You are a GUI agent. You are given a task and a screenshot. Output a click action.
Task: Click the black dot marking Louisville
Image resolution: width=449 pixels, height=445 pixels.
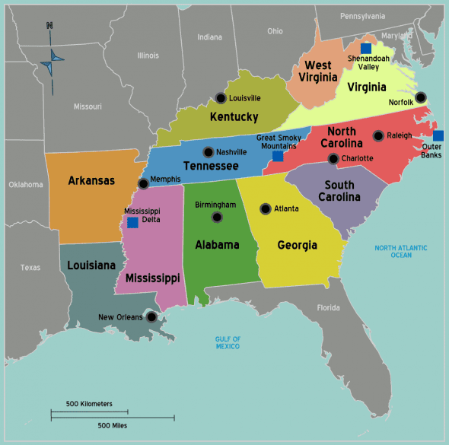(x=220, y=98)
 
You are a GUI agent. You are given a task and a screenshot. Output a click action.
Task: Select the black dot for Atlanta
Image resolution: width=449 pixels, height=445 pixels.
(x=265, y=208)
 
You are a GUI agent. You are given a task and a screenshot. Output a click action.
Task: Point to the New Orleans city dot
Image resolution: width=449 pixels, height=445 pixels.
(x=152, y=317)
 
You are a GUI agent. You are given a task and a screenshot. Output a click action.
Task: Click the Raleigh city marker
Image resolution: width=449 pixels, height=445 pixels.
(x=378, y=136)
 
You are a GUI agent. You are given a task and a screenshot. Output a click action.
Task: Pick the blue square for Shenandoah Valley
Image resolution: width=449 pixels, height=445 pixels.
(x=366, y=48)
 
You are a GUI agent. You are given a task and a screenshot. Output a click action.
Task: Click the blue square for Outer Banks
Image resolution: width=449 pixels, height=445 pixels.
(x=438, y=136)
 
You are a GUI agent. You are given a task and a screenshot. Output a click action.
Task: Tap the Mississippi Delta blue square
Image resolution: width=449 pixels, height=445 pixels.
(x=132, y=223)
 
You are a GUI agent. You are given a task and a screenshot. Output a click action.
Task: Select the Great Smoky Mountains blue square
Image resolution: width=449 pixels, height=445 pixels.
(x=278, y=156)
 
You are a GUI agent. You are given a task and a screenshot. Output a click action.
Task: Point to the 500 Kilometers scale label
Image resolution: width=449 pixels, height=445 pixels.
(x=89, y=403)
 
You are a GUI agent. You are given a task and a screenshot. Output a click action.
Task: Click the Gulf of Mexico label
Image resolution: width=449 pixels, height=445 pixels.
(x=228, y=342)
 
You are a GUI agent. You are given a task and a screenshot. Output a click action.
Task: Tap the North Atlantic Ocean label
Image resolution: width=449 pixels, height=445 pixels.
(x=401, y=252)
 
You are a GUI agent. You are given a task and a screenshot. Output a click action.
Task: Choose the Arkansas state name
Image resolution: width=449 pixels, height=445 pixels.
(x=91, y=180)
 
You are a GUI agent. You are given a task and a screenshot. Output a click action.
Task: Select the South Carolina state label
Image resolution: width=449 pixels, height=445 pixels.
(x=339, y=191)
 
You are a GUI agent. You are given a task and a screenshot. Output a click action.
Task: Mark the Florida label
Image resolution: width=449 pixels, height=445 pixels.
(x=328, y=308)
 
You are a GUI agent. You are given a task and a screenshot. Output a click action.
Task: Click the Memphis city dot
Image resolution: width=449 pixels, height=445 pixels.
(x=144, y=184)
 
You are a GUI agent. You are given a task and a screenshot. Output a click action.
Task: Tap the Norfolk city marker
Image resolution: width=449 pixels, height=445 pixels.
(x=421, y=97)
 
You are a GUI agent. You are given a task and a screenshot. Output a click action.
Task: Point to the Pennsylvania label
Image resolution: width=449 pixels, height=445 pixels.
(x=363, y=16)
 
